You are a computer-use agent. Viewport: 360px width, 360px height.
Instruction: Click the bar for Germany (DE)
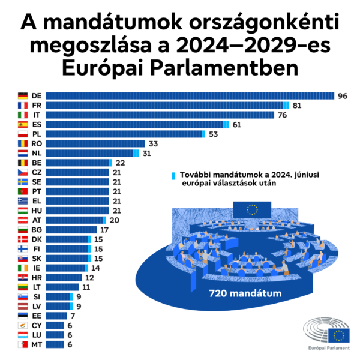point(190,95)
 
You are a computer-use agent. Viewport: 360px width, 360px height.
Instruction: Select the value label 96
point(343,96)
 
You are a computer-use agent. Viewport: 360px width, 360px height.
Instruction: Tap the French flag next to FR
point(23,106)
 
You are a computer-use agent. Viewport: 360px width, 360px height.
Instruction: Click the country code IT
point(36,115)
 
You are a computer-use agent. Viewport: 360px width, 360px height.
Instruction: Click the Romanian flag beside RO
point(23,144)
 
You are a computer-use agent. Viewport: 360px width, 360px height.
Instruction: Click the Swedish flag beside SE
point(23,182)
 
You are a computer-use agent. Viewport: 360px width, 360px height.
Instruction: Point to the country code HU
point(36,211)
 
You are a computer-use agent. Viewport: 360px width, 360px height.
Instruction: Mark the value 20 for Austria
point(114,220)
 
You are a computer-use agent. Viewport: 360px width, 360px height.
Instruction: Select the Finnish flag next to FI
point(23,248)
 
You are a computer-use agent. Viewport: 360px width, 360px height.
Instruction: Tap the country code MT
point(36,344)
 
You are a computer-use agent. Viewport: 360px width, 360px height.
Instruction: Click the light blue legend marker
point(173,175)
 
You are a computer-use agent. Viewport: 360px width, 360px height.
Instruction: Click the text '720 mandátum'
point(238,294)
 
